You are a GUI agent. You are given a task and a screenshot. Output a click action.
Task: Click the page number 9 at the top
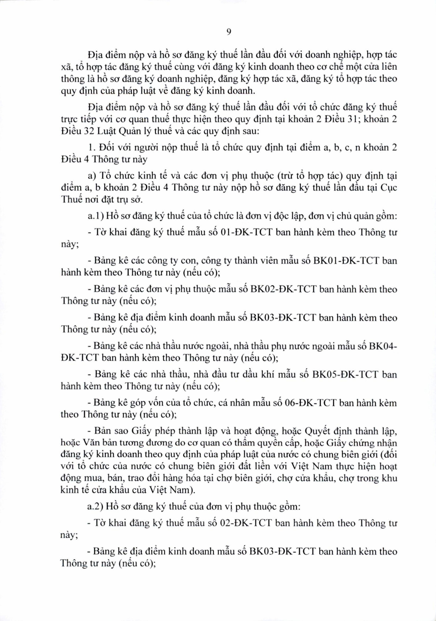[228, 32]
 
